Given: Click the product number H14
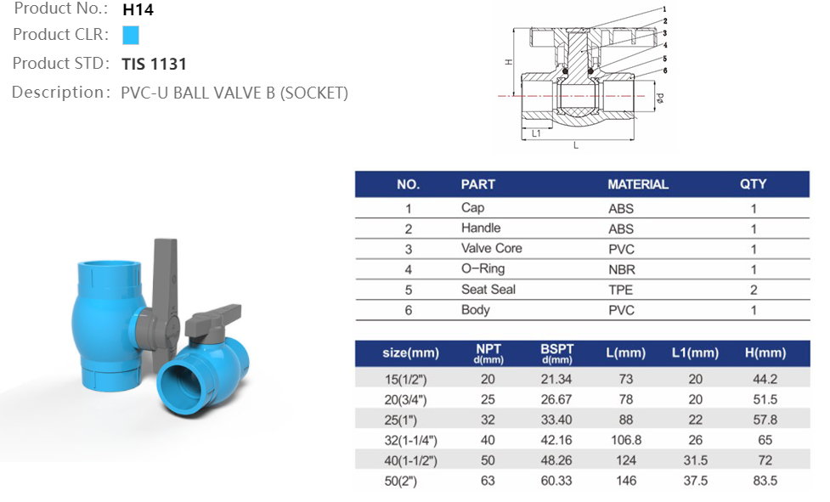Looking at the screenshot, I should click(138, 10).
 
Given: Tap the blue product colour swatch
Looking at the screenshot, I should click(130, 36).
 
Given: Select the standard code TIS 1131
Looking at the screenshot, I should click(154, 64).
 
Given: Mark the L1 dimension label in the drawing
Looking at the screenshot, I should click(537, 133).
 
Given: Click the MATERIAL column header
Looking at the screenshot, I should click(637, 184).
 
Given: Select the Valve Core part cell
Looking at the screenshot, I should click(491, 249).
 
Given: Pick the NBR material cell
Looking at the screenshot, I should click(621, 269).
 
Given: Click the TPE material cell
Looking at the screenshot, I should click(621, 290).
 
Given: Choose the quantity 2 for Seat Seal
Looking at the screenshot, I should click(753, 290).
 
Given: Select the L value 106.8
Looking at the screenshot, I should click(625, 440).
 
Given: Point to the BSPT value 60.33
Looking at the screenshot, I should click(556, 481).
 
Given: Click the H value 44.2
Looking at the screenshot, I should click(765, 379).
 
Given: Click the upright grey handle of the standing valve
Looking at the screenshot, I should click(165, 280).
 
